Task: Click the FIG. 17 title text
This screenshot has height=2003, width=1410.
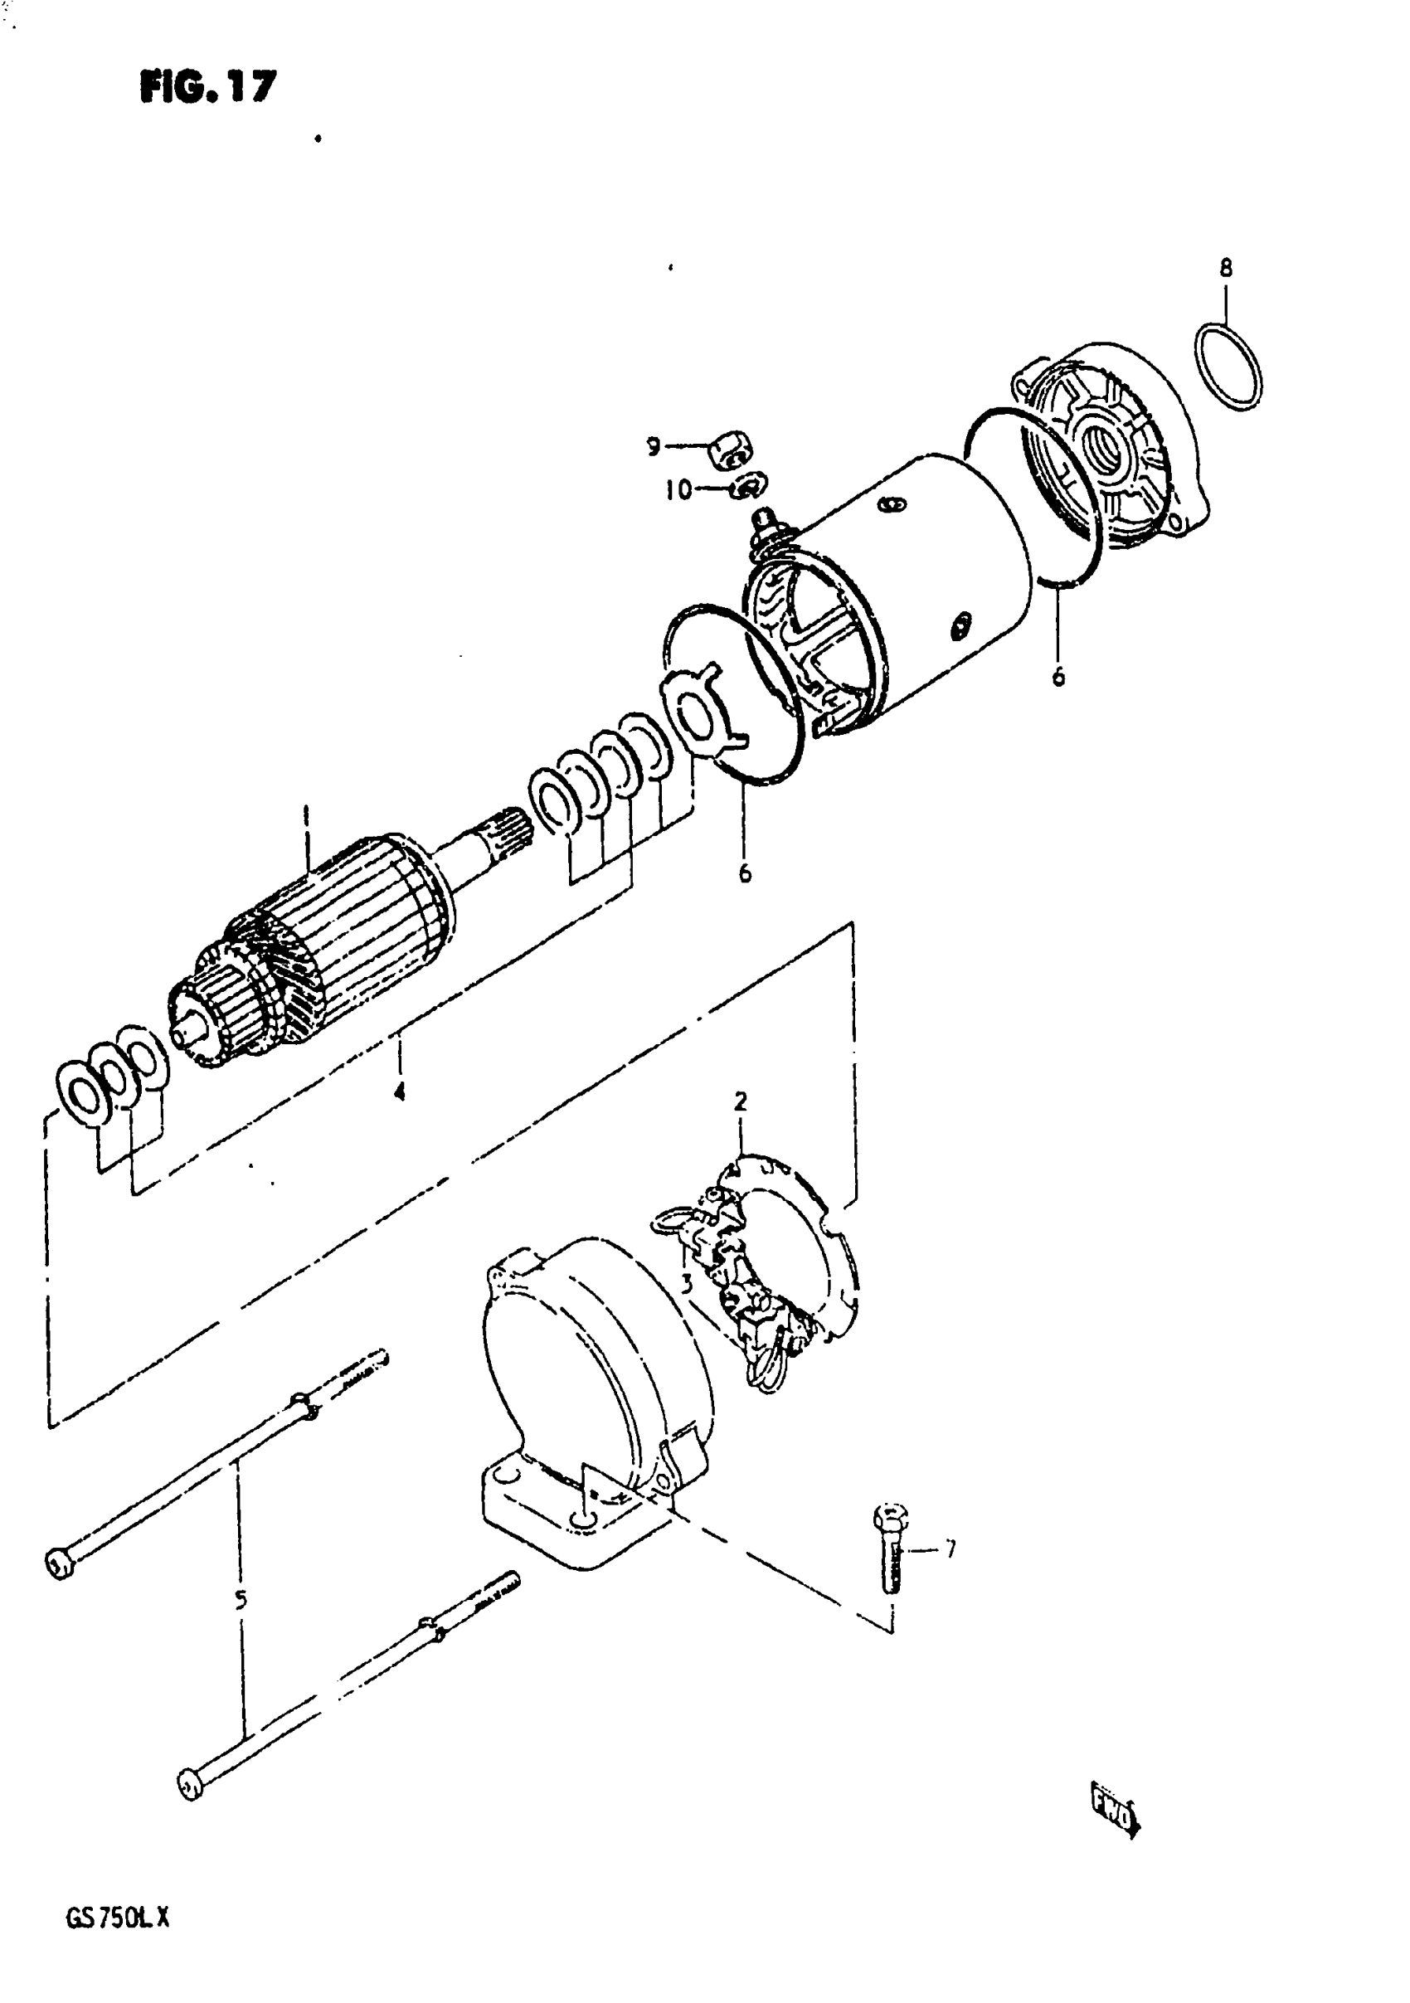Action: point(207,86)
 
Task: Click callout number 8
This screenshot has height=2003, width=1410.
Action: point(1226,268)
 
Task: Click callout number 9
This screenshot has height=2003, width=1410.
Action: point(653,447)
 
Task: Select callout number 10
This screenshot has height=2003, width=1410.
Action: point(677,489)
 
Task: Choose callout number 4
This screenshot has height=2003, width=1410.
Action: point(399,1091)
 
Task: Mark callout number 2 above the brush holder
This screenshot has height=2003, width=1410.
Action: point(740,1101)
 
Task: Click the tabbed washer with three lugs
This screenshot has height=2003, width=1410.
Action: point(703,708)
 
